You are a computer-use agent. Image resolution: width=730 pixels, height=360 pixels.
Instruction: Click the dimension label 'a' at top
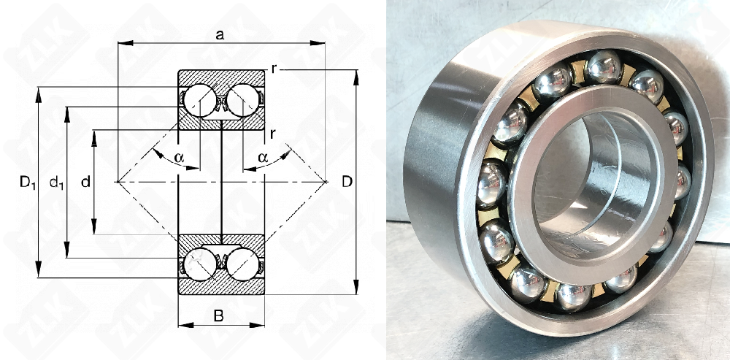220,34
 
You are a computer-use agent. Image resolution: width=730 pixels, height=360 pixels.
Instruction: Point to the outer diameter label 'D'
347,180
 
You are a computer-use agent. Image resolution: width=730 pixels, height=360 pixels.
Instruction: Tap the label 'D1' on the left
27,183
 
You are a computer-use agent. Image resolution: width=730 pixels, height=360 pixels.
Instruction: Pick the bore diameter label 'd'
85,182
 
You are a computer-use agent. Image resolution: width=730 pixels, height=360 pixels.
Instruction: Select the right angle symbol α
263,156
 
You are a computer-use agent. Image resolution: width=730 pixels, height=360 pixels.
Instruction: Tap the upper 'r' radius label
272,69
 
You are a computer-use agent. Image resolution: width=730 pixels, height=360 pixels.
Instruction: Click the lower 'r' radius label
272,133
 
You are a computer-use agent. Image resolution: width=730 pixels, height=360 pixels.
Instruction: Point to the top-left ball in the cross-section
197,99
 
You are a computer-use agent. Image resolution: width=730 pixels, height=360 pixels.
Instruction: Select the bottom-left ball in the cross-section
197,264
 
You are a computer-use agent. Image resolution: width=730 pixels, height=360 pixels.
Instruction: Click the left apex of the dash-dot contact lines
118,180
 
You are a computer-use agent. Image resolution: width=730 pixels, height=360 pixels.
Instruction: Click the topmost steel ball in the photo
603,67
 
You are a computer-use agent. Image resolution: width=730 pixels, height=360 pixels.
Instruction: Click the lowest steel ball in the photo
573,296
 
